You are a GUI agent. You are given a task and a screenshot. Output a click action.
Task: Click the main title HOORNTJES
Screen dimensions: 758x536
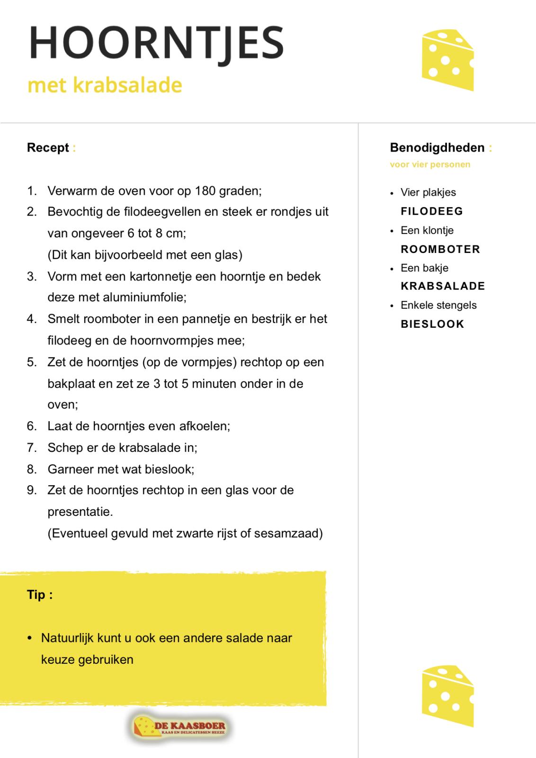[x=156, y=43]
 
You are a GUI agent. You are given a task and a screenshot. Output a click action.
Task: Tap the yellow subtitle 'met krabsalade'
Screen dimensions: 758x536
[x=105, y=85]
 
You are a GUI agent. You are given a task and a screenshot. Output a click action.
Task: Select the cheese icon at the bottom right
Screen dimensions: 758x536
[x=447, y=695]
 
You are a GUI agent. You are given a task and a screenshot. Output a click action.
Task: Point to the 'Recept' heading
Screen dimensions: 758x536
[x=48, y=148]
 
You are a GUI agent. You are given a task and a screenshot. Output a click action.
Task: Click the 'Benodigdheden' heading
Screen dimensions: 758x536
[x=437, y=148]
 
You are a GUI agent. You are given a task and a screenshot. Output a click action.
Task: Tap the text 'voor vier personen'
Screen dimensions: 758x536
[x=430, y=165]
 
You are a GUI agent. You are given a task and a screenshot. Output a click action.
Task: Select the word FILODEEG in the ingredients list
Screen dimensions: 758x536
[x=432, y=211]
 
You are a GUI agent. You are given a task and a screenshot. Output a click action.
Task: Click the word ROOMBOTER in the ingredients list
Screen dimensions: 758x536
[x=440, y=249]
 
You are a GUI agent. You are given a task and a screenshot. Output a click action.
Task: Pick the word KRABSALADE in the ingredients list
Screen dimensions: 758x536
[x=443, y=286]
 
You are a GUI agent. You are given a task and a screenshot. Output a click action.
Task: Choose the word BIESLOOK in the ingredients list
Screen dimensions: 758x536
[x=432, y=324]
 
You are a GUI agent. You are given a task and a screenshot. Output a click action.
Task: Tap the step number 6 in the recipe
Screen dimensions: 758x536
[x=31, y=426]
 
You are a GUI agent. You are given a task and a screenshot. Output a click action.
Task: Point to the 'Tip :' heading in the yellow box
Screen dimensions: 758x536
[x=40, y=595]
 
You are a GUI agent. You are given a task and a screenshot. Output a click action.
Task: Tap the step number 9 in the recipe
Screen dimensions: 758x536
[x=31, y=490]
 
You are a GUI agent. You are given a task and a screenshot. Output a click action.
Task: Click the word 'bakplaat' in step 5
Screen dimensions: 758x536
[x=71, y=383]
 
